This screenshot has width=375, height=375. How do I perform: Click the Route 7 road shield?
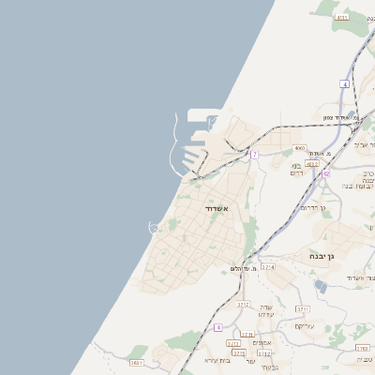click(x=254, y=154)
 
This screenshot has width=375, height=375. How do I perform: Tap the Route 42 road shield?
click(x=325, y=173)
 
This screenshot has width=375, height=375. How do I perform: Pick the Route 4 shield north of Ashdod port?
click(x=345, y=84)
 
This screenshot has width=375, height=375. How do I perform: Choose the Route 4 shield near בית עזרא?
click(x=218, y=327)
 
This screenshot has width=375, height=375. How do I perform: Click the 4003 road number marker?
click(x=299, y=148)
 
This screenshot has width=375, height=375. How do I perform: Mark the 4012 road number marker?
click(x=312, y=163)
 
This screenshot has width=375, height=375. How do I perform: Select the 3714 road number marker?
click(x=268, y=267)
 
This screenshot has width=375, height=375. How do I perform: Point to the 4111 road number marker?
click(x=341, y=17)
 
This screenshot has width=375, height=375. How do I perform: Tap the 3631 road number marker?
click(x=137, y=362)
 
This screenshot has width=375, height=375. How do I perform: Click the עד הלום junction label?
click(x=244, y=269)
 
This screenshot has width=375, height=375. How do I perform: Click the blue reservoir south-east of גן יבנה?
click(x=321, y=285)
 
